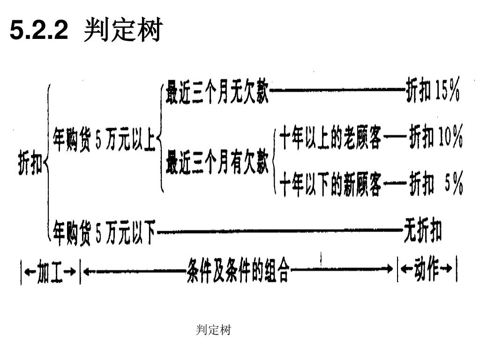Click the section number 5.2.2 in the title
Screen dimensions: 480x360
click(x=39, y=31)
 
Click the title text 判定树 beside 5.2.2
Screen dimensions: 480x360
click(x=122, y=31)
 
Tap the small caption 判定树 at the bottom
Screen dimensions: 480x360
click(x=213, y=330)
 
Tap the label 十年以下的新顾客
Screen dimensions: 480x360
click(x=330, y=184)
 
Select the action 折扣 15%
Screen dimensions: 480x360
click(x=432, y=92)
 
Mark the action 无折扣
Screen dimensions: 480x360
click(x=422, y=232)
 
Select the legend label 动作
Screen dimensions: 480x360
click(x=426, y=270)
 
